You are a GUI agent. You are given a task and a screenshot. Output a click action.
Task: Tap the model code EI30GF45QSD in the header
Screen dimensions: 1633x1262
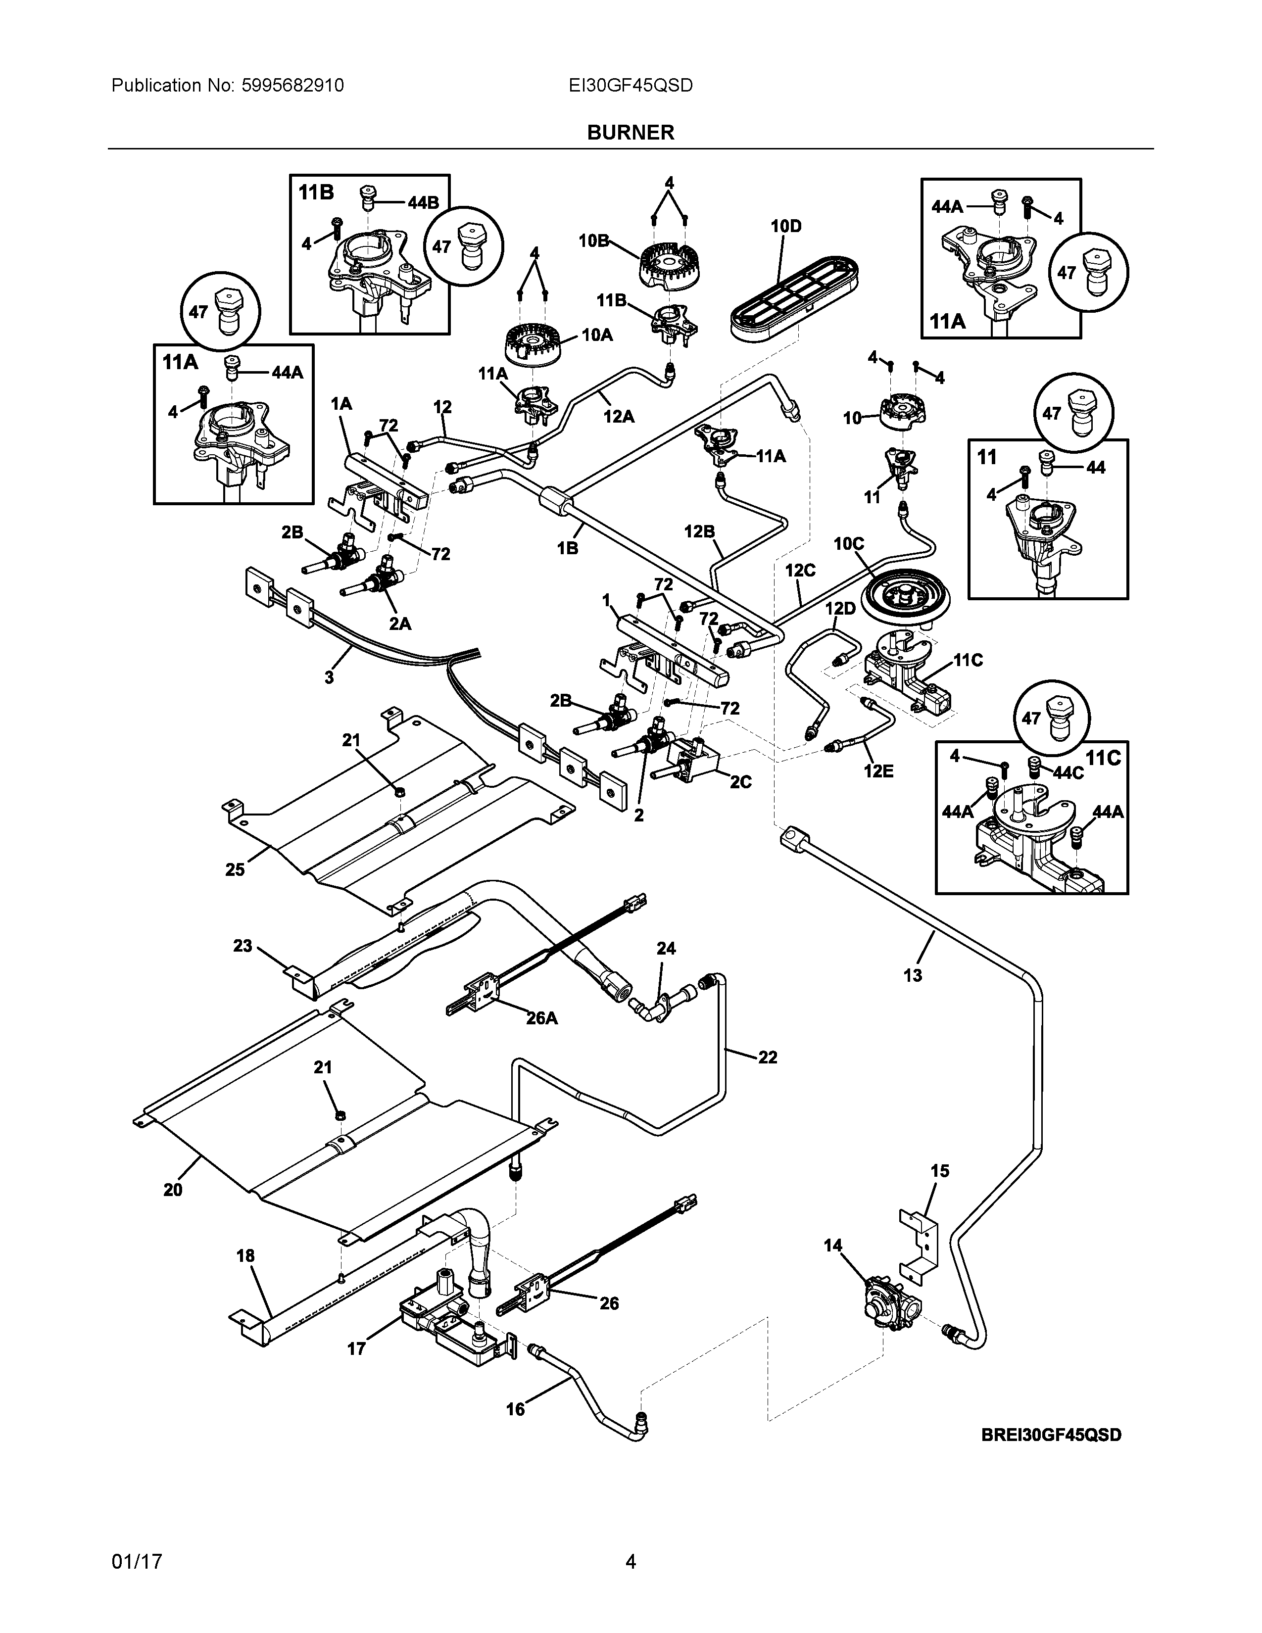(x=630, y=86)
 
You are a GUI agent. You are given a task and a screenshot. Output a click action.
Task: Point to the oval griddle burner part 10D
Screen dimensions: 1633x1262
(x=791, y=299)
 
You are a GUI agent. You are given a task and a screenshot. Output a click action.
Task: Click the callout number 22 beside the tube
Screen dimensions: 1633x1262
(x=767, y=1057)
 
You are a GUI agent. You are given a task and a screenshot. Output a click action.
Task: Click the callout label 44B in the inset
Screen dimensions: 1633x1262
(x=423, y=202)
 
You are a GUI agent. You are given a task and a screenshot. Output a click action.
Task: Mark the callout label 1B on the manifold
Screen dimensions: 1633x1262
(x=568, y=548)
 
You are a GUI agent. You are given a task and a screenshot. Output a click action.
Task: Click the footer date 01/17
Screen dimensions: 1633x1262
(x=137, y=1562)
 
